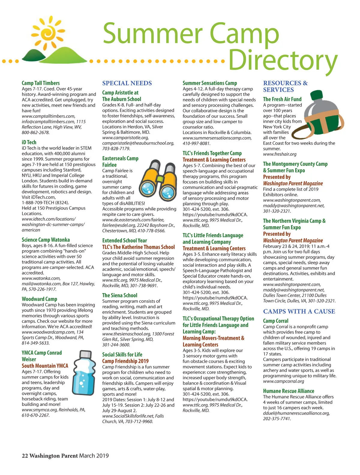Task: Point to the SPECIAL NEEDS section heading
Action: coord(127,83)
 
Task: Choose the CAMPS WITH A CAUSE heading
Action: coord(299,311)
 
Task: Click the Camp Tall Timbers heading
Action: coord(40,83)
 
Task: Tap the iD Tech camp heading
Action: coord(29,142)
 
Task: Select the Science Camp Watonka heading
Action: coord(46,240)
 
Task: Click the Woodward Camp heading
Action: coord(39,299)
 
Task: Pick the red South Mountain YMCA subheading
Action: coord(45,366)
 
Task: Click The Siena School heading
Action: coord(120,295)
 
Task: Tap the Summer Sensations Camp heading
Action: coord(210,83)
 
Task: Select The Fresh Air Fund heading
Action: coord(282,99)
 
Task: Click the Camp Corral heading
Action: coord(275,321)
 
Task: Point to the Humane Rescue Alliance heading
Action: coord(289,391)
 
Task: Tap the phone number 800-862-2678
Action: coord(36,132)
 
